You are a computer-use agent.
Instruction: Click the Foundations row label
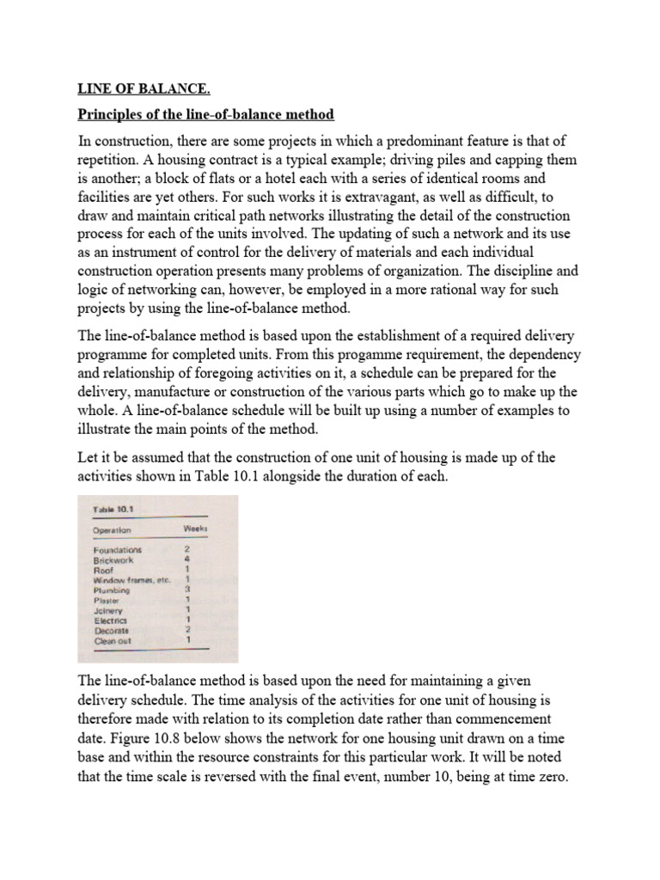click(118, 548)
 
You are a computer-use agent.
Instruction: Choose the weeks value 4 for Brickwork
click(186, 559)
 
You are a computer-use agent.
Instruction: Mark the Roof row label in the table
click(102, 570)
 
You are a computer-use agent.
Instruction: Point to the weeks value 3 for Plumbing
click(186, 590)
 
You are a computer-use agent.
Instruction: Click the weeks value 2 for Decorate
click(186, 631)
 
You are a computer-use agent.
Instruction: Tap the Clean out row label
click(112, 641)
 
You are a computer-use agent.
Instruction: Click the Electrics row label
click(110, 620)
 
